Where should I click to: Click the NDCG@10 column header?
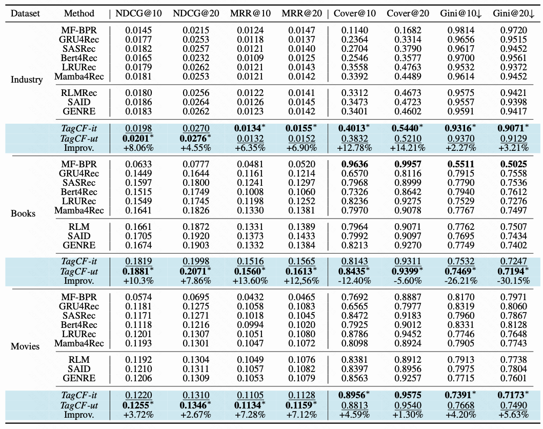click(138, 13)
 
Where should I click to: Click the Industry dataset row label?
click(27, 80)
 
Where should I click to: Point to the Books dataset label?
click(23, 213)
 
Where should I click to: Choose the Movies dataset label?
click(25, 346)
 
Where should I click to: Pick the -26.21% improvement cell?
click(460, 281)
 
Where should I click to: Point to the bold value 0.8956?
click(353, 395)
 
